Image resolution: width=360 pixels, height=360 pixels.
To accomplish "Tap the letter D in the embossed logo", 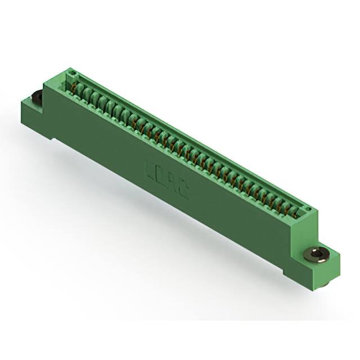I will (x=161, y=175).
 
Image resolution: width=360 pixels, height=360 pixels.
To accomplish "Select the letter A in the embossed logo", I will (x=172, y=182).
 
